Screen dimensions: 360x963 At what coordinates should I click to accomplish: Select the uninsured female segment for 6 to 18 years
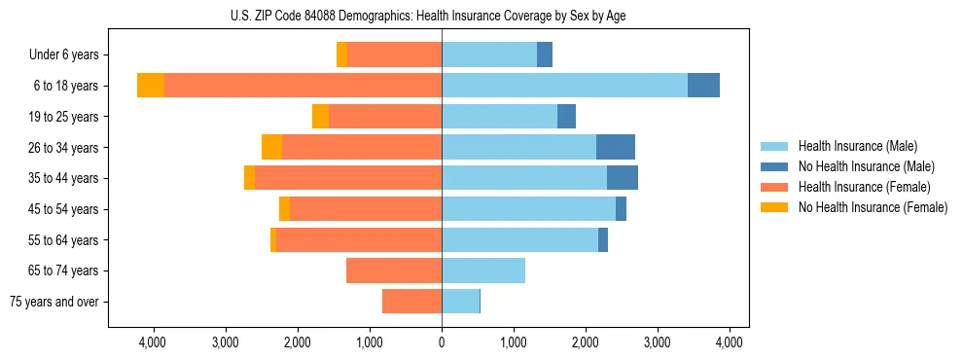point(151,86)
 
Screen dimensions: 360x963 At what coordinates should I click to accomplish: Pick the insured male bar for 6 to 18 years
point(564,86)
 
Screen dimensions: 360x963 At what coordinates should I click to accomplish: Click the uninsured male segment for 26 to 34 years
point(615,147)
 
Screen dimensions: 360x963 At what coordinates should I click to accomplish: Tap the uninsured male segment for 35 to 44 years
point(623,178)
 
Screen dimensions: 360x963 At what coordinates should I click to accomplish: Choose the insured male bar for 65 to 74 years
point(483,270)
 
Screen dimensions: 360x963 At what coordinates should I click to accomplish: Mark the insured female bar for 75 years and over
point(411,302)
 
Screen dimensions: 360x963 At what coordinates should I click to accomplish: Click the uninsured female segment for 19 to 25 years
point(320,117)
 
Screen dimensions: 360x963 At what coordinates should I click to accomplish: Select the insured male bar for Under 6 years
point(489,55)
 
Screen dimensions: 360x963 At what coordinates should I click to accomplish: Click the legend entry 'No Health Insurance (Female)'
point(872,207)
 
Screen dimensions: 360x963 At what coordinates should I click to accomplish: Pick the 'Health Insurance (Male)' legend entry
point(857,146)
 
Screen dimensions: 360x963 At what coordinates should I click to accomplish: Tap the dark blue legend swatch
point(773,166)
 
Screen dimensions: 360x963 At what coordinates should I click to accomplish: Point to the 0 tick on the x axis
point(442,342)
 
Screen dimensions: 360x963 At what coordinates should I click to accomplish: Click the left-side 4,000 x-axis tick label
point(153,342)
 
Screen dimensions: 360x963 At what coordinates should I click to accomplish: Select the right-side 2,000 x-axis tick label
point(586,342)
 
